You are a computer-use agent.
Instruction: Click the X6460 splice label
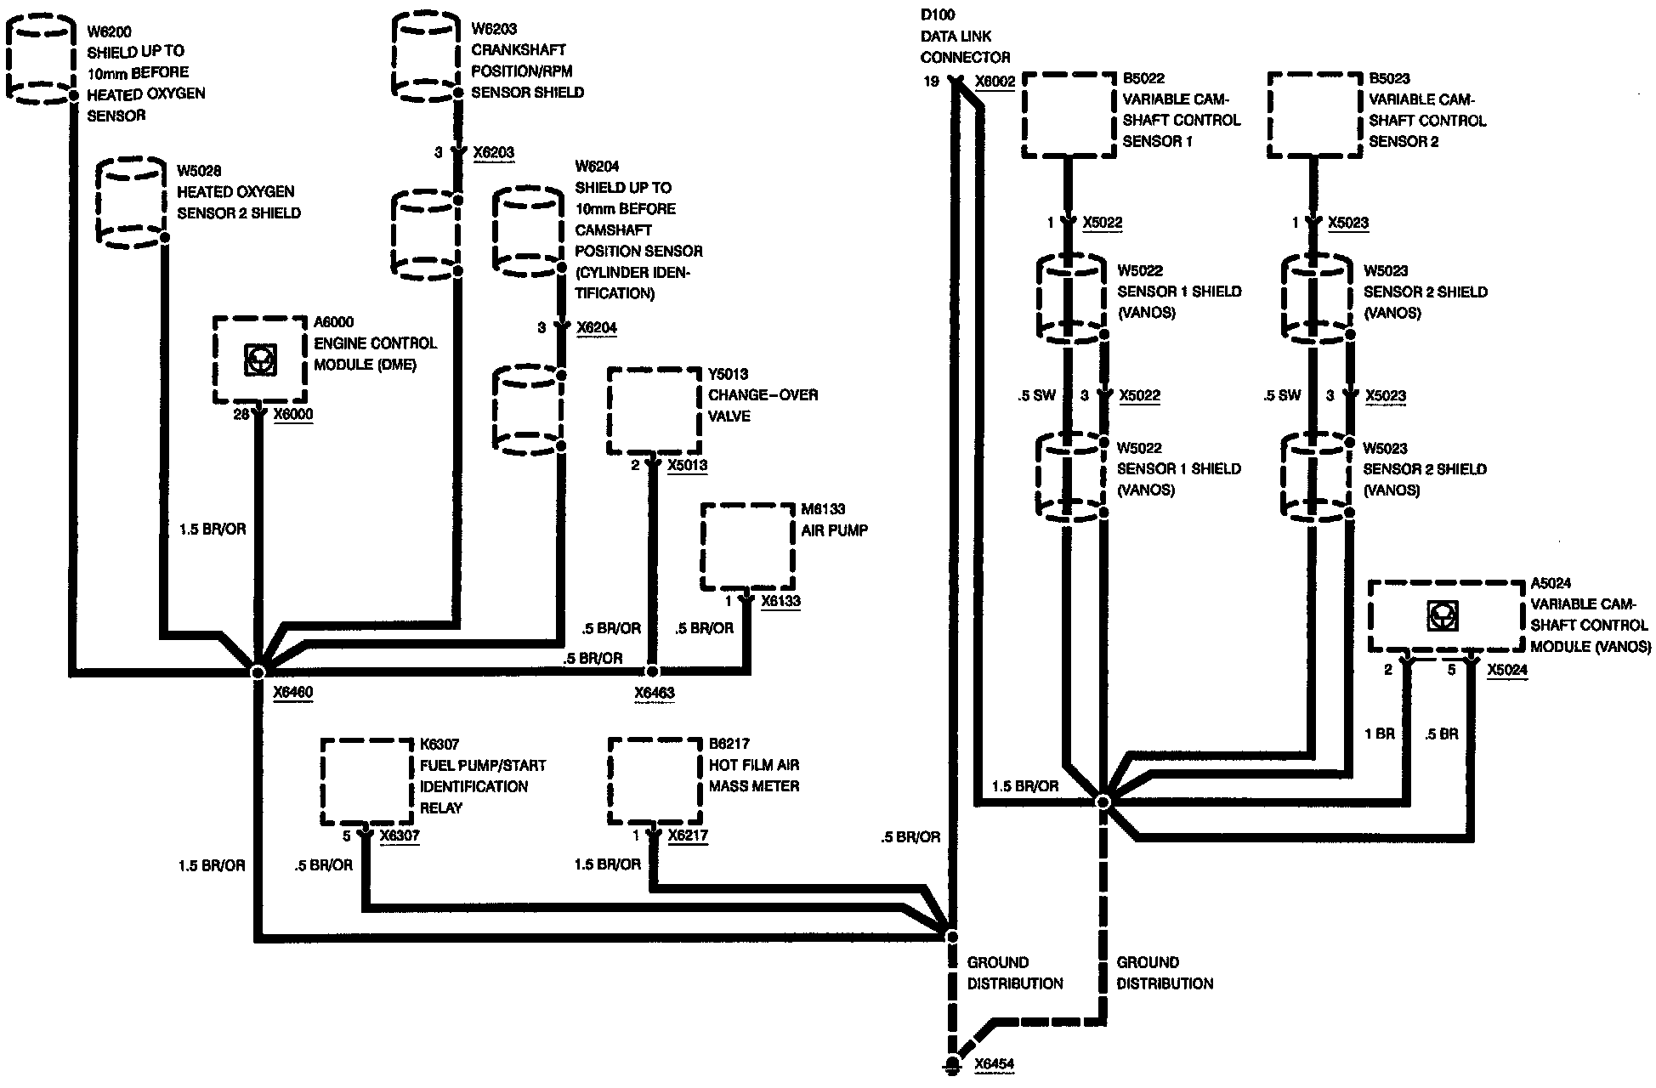click(x=292, y=693)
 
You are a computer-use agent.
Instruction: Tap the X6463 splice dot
click(x=653, y=671)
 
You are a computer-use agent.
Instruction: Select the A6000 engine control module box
click(x=259, y=360)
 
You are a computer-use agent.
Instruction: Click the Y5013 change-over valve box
click(x=654, y=411)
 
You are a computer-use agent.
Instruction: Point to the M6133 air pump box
click(x=748, y=547)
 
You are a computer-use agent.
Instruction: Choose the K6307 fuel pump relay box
click(x=367, y=781)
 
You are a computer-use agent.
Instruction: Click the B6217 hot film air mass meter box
click(x=654, y=781)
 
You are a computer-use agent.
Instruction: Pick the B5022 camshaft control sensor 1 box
click(x=1069, y=115)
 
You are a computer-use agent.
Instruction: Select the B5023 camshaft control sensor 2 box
click(x=1314, y=115)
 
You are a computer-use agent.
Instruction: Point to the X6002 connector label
click(x=995, y=82)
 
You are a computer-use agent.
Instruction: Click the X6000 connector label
click(x=293, y=415)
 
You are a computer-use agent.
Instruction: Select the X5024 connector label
click(x=1507, y=670)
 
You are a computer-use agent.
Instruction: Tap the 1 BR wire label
click(x=1380, y=734)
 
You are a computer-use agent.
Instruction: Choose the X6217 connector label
click(x=688, y=836)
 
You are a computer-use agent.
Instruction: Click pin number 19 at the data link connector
click(x=932, y=82)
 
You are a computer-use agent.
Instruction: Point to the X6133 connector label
click(x=780, y=601)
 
